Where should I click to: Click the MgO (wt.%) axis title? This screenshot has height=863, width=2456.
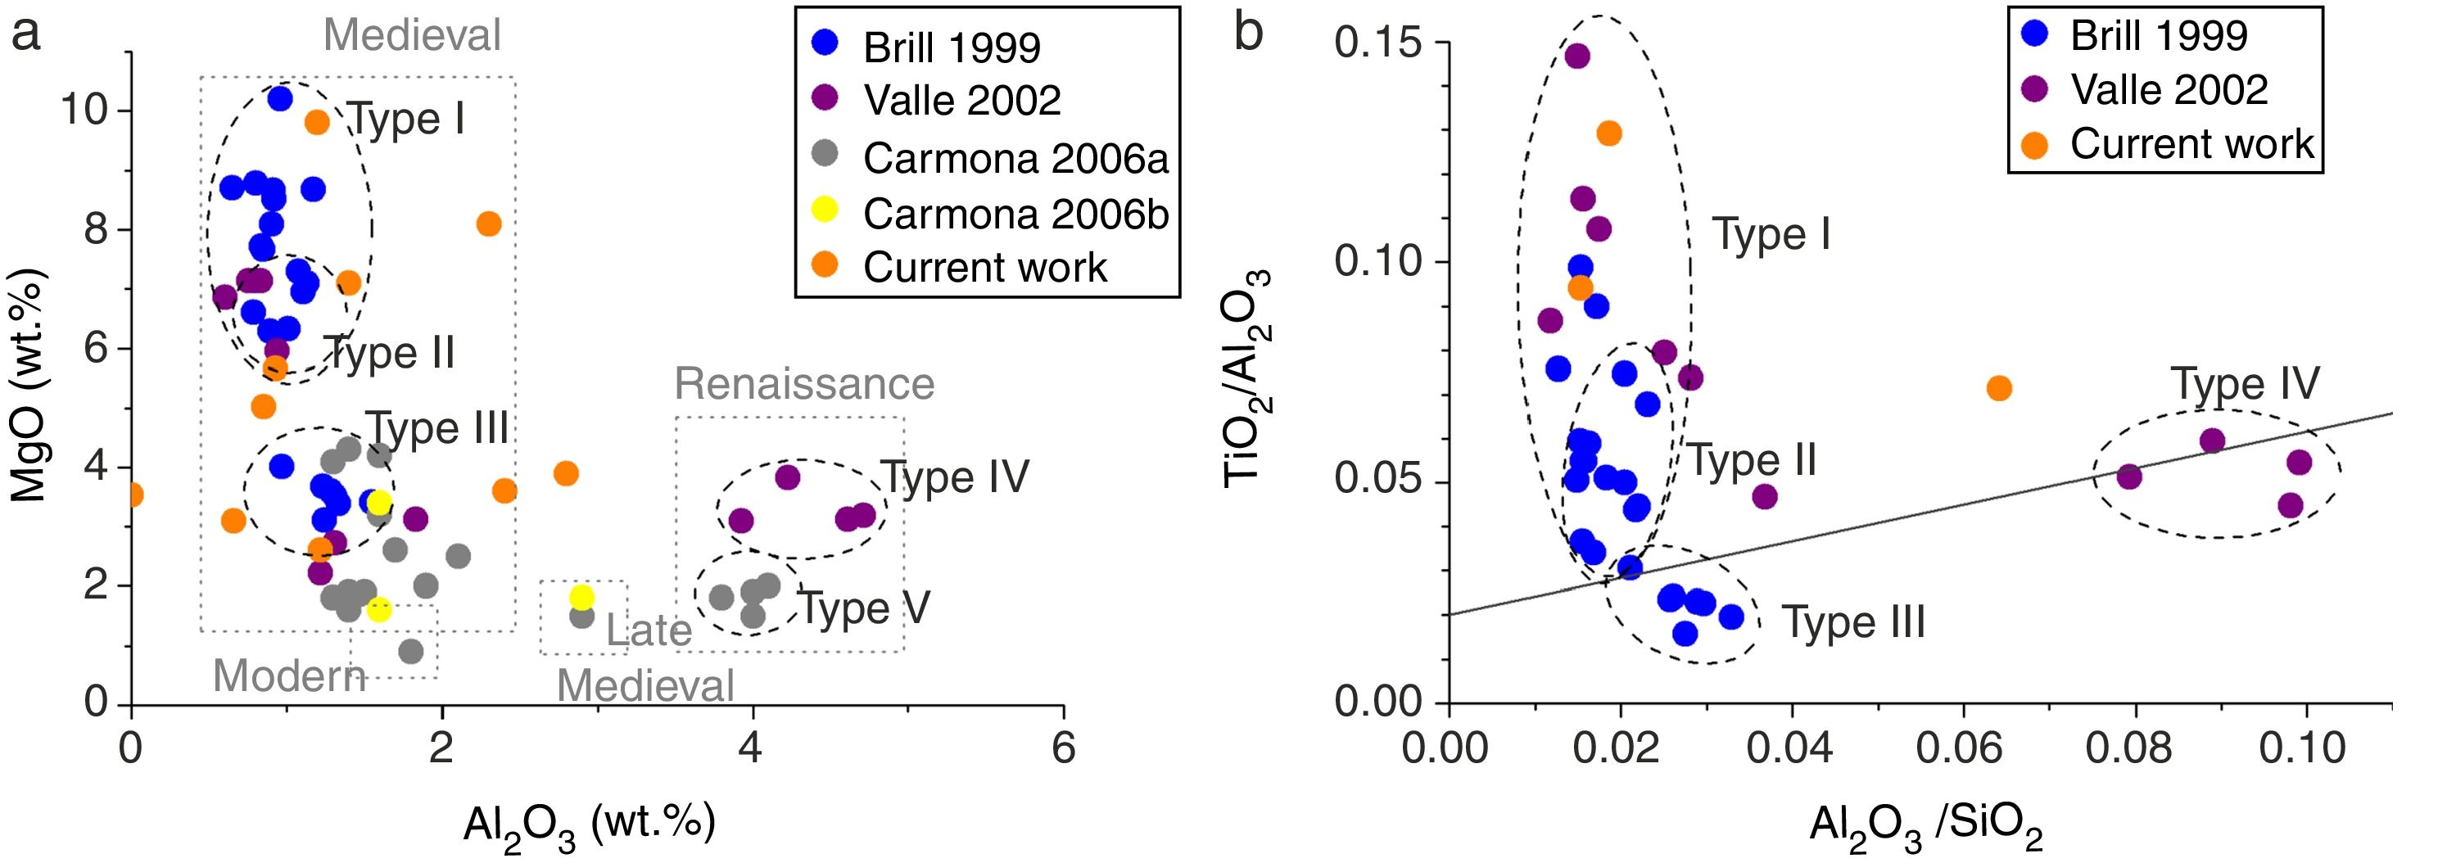pyautogui.click(x=29, y=386)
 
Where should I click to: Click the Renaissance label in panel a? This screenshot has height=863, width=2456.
pyautogui.click(x=803, y=383)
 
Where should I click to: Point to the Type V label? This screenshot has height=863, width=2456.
pyautogui.click(x=864, y=608)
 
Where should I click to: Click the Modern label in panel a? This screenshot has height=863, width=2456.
pyautogui.click(x=289, y=676)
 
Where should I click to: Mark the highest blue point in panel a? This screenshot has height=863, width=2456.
pyautogui.click(x=279, y=98)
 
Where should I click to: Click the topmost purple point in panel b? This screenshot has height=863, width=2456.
pyautogui.click(x=1577, y=56)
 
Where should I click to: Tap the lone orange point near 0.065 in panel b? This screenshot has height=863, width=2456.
pyautogui.click(x=1999, y=388)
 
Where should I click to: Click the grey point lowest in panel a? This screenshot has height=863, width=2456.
pyautogui.click(x=411, y=651)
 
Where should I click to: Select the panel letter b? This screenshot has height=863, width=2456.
pyautogui.click(x=1249, y=34)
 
